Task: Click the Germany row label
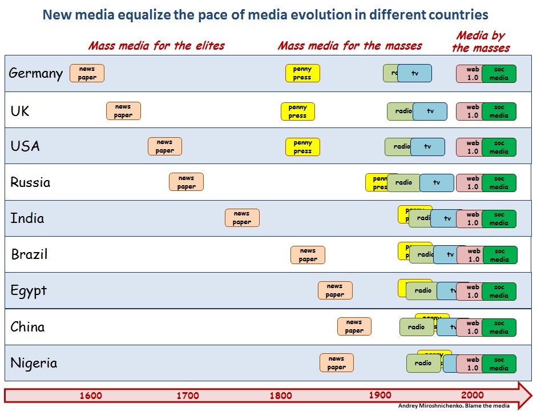(35, 73)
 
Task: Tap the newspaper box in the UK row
(123, 111)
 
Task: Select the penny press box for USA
(302, 147)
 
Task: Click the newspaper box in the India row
(242, 218)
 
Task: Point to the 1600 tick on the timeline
(91, 396)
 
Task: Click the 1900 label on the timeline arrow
(380, 396)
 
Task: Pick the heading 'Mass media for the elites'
(156, 46)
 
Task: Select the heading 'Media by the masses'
(480, 42)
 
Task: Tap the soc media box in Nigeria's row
(499, 364)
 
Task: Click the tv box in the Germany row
(415, 73)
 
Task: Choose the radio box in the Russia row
(403, 182)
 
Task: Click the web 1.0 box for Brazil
(473, 255)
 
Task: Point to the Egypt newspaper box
(335, 290)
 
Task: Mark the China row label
(27, 327)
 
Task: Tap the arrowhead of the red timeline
(523, 395)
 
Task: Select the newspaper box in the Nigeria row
(337, 363)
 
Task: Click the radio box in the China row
(416, 327)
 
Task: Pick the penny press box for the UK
(297, 111)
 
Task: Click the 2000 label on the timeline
(472, 396)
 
